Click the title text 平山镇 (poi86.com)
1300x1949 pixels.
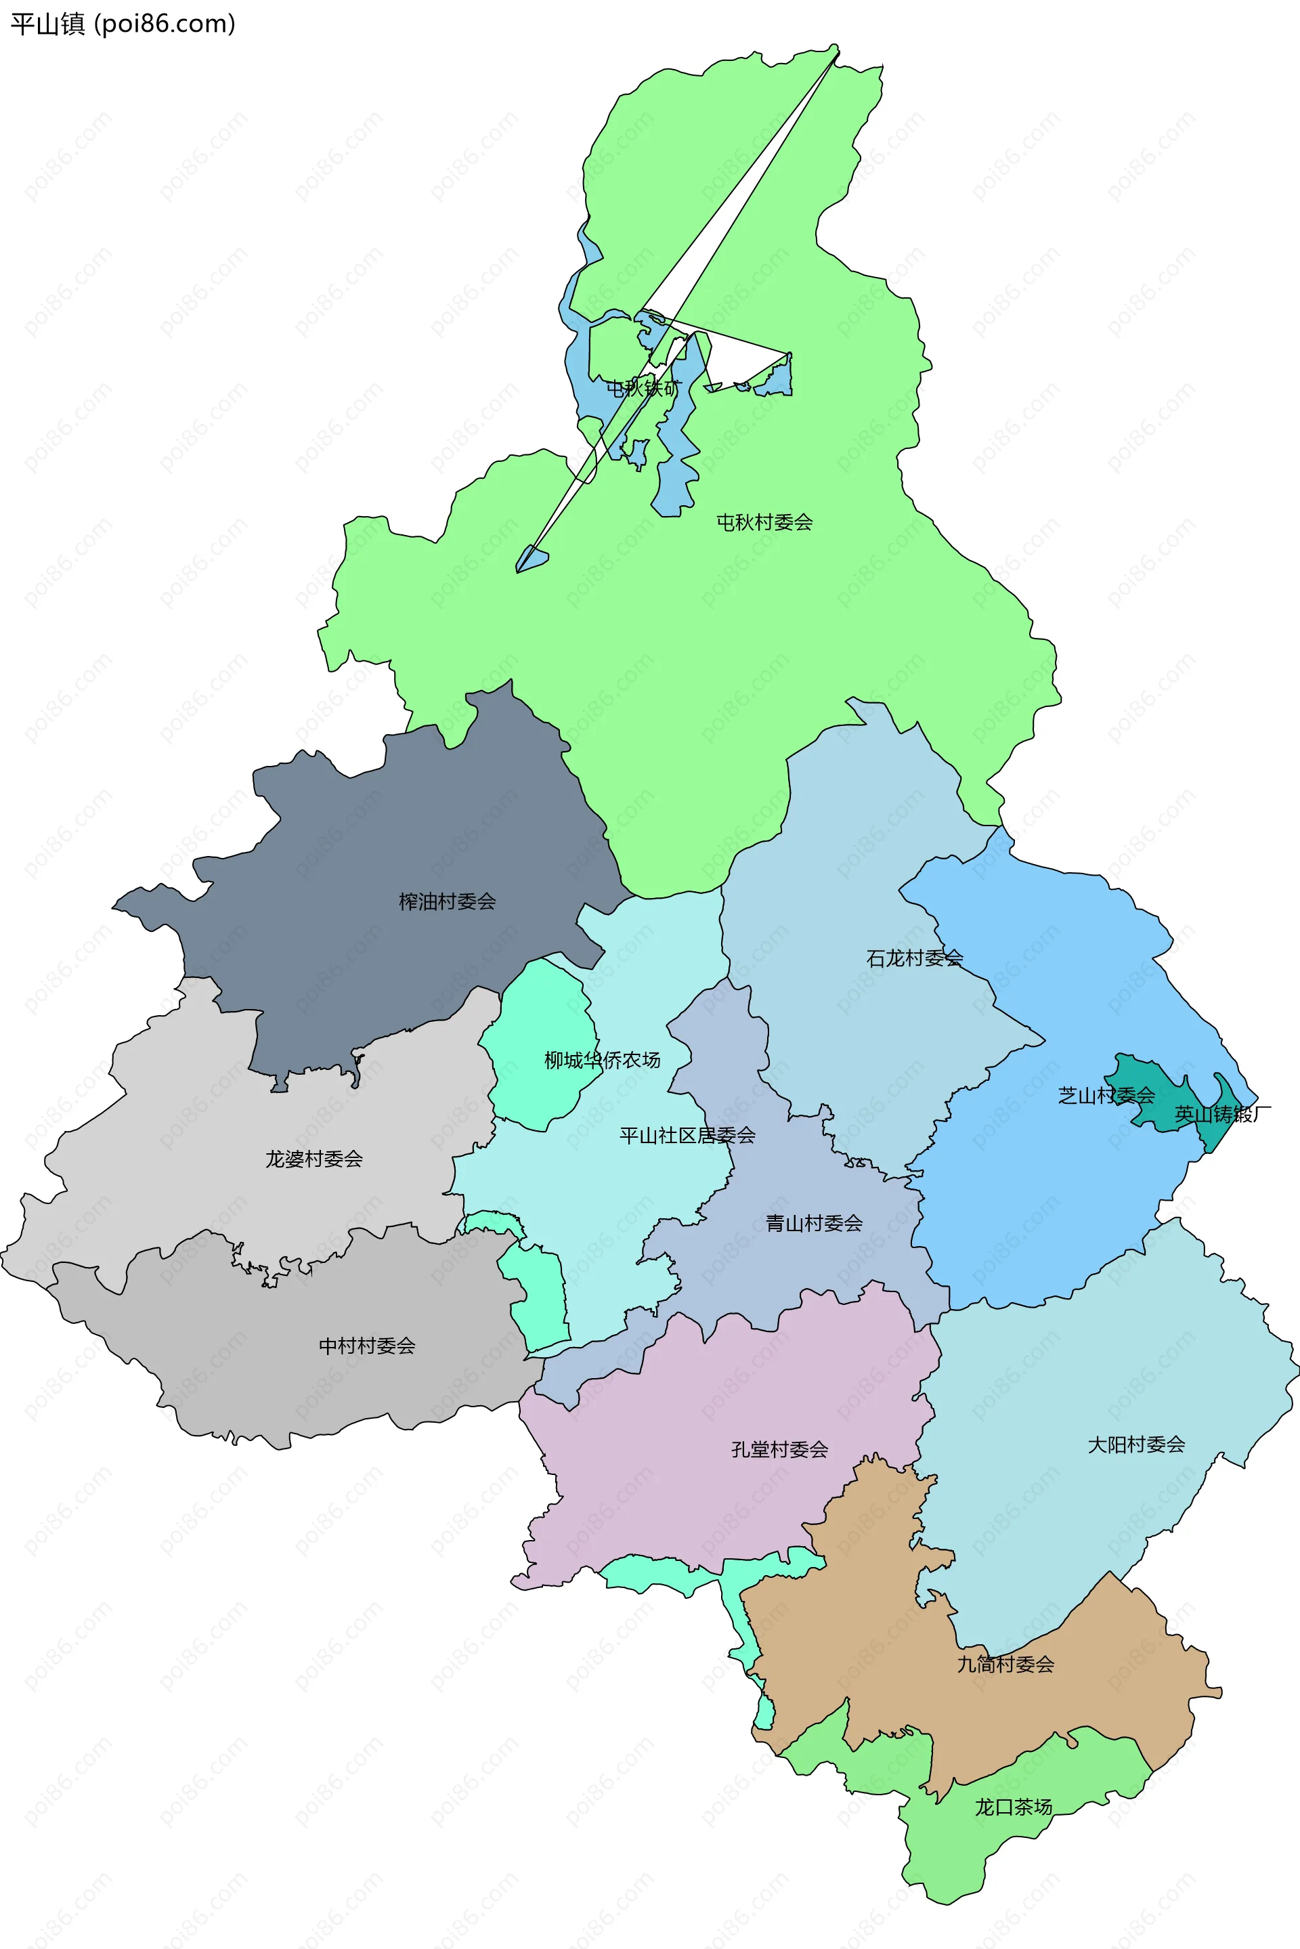point(123,24)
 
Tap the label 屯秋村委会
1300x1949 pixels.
point(764,522)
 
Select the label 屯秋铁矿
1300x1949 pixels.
point(643,388)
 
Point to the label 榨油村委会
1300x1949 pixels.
point(447,901)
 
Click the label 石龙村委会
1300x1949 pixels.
point(915,958)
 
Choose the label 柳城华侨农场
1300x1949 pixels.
point(602,1061)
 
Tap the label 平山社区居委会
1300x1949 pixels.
point(687,1136)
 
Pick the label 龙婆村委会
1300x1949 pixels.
point(313,1159)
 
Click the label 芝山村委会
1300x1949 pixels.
point(1106,1096)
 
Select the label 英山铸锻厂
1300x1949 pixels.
point(1222,1114)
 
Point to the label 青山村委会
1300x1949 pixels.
point(813,1224)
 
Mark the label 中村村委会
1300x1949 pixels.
point(366,1346)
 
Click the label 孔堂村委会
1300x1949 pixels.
point(779,1449)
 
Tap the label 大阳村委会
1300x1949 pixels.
point(1136,1445)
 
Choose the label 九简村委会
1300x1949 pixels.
point(1005,1664)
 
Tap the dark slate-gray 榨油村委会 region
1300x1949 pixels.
point(373,829)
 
